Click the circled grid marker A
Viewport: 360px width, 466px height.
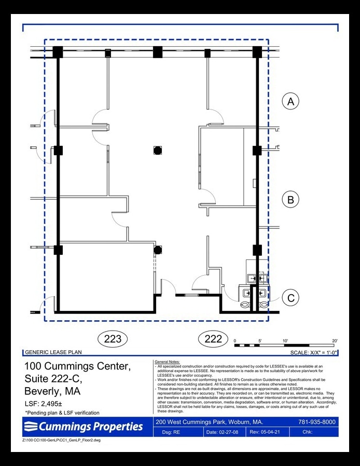click(x=290, y=101)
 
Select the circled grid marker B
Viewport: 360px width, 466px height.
click(x=290, y=199)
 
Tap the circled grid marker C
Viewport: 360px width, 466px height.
click(x=290, y=298)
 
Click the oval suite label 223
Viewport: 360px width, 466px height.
click(x=113, y=339)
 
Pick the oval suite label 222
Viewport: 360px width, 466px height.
click(x=213, y=339)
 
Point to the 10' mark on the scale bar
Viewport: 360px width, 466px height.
click(x=285, y=341)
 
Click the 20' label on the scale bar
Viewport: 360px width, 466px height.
click(x=335, y=341)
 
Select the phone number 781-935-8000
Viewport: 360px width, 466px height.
click(x=317, y=422)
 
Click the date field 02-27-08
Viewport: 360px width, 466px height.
click(x=218, y=432)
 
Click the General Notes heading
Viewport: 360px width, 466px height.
click(x=167, y=361)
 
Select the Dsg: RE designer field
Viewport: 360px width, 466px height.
click(x=171, y=432)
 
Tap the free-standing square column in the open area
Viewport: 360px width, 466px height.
click(x=157, y=150)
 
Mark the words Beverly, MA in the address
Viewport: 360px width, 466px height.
click(x=53, y=391)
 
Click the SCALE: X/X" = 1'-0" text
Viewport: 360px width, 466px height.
click(x=314, y=352)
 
